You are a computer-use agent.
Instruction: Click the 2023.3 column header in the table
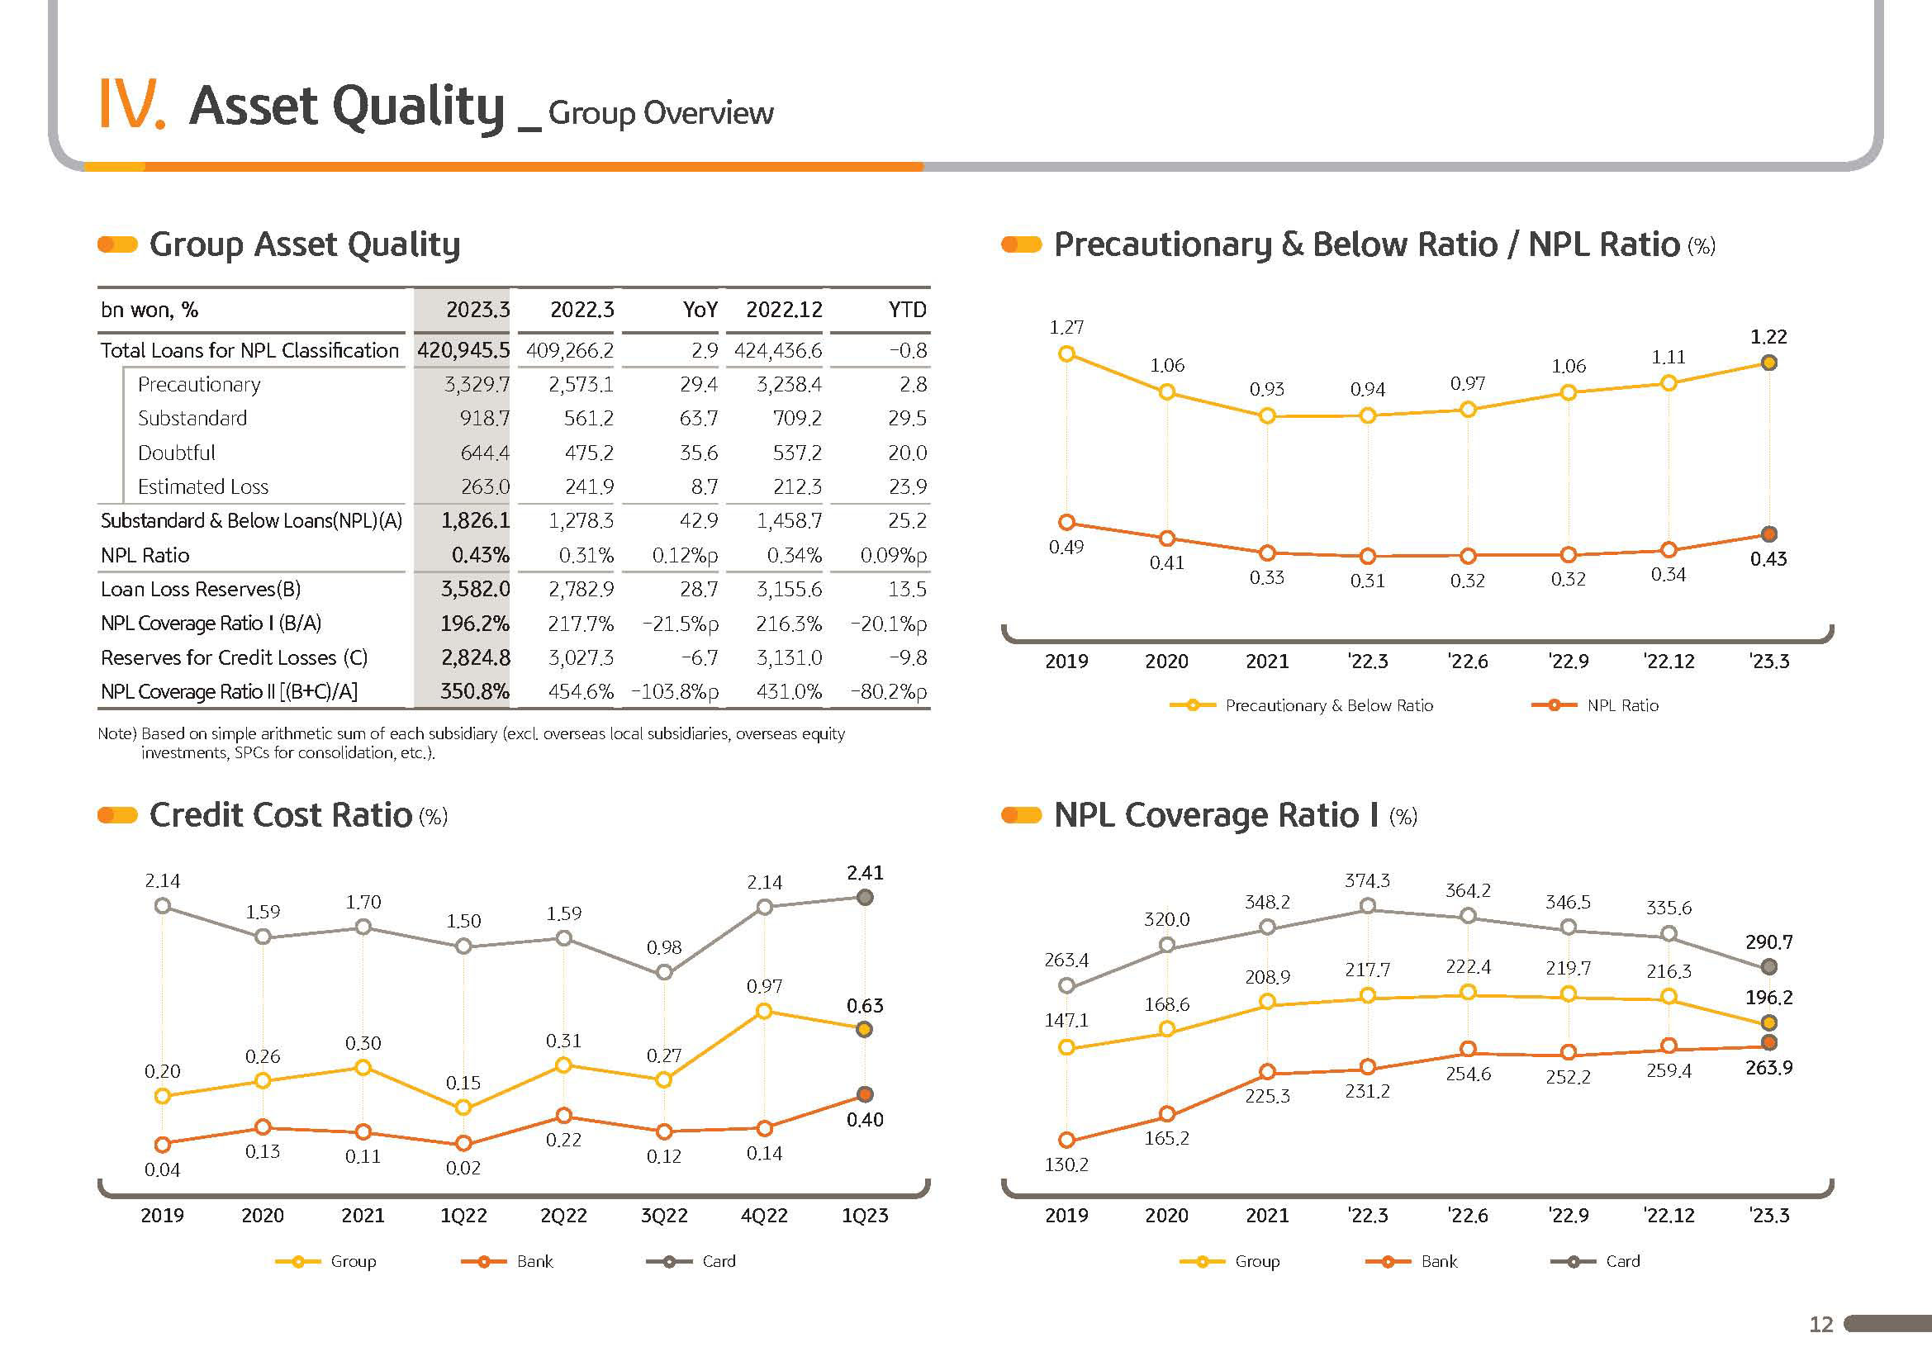477,310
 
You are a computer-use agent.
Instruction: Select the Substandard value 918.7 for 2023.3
484,418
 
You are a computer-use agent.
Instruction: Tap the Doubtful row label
176,453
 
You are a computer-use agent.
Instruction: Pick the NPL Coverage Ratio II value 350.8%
475,691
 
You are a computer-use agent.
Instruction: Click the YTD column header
907,310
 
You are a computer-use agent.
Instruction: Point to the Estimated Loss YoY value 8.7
705,486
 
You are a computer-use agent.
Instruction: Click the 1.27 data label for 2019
1066,326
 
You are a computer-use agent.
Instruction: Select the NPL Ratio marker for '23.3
1768,534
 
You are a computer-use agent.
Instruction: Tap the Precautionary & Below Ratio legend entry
1301,704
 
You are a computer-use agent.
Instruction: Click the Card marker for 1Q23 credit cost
864,898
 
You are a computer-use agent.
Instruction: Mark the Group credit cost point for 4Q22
764,1011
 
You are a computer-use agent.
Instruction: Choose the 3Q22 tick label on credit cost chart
664,1216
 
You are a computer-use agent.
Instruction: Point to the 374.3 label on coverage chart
1367,880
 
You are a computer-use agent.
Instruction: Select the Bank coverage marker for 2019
1066,1141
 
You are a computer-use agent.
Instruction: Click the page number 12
1821,1325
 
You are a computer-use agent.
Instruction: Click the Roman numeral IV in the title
131,104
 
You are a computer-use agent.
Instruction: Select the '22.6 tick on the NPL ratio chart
1468,662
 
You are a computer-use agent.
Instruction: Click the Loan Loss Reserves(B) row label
200,589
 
